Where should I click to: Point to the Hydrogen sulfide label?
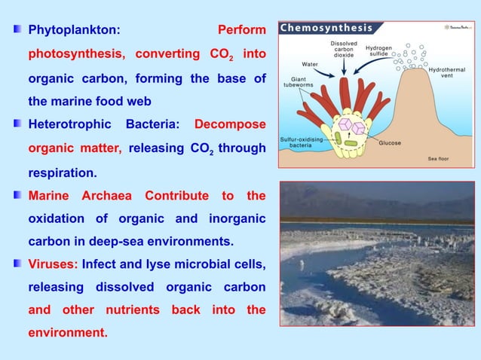click(x=378, y=51)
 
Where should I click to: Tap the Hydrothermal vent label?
click(x=447, y=74)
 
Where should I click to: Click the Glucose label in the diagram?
click(x=389, y=142)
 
